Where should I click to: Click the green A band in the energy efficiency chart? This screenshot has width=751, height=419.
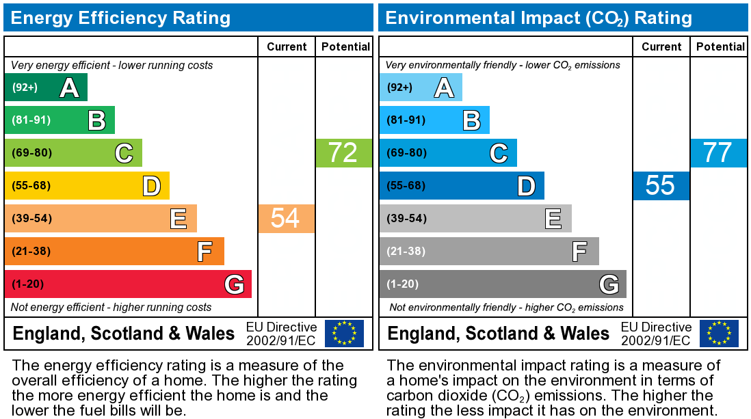(x=46, y=87)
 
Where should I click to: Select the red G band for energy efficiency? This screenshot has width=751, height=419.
(x=128, y=284)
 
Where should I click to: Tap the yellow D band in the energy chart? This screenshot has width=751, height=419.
(x=87, y=185)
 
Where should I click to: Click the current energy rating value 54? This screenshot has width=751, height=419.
(x=286, y=218)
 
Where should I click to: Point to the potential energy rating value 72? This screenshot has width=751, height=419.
(x=343, y=152)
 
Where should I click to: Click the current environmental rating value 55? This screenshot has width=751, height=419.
(x=661, y=186)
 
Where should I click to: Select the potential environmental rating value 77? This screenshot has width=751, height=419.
(x=718, y=152)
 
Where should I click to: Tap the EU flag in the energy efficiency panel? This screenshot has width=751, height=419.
(x=344, y=334)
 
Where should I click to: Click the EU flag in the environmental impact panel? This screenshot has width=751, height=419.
(x=719, y=334)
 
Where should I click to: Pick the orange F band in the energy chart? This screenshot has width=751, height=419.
(x=114, y=251)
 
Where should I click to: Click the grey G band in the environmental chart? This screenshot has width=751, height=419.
(x=503, y=284)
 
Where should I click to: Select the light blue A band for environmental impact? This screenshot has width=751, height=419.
(x=421, y=87)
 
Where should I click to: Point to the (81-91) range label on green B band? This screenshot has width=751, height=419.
(x=31, y=120)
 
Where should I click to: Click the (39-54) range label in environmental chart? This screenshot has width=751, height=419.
(x=407, y=218)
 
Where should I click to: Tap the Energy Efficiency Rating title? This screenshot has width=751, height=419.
(x=120, y=18)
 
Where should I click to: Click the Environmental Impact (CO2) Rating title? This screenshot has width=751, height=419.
(x=539, y=18)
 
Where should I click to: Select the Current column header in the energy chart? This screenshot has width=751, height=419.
(x=287, y=47)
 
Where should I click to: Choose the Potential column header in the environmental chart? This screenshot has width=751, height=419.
(x=720, y=47)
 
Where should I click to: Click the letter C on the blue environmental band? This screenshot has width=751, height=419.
(x=499, y=153)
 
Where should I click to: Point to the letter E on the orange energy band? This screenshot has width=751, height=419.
(x=179, y=219)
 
